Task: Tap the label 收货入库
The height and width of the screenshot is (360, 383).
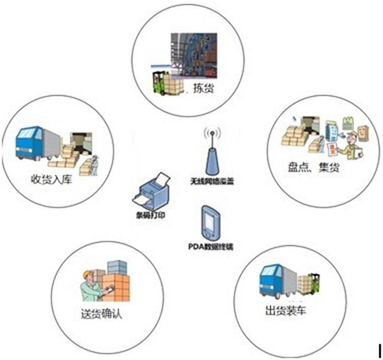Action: [x=52, y=179]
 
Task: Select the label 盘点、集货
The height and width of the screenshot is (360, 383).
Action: [x=314, y=169]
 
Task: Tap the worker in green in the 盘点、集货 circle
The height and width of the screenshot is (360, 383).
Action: [x=349, y=147]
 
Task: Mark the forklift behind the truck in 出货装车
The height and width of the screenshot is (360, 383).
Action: [x=314, y=284]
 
